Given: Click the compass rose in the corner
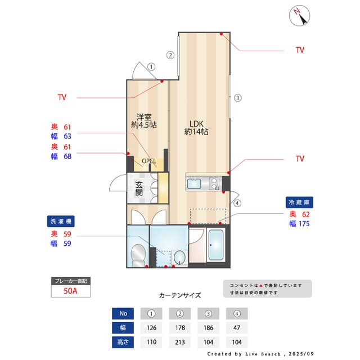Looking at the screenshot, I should click(x=300, y=15).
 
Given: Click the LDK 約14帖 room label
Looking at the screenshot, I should click(x=196, y=128).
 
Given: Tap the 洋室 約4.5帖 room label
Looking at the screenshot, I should click(x=143, y=121).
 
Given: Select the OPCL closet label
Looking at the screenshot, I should click(x=149, y=161).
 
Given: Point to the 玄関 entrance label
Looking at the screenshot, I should click(x=139, y=188).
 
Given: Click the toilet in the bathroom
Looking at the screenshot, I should click(x=137, y=255).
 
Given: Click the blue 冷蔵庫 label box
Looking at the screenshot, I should click(x=299, y=202).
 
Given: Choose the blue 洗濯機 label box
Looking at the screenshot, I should click(x=60, y=222).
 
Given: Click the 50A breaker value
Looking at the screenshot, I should click(x=71, y=291).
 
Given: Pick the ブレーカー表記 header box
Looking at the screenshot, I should click(x=71, y=281).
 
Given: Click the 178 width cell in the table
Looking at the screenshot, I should click(x=180, y=328).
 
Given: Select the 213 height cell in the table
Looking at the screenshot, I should click(x=180, y=341).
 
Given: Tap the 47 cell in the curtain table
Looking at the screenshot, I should click(x=237, y=328).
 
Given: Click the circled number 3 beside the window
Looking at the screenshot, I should click(x=238, y=98).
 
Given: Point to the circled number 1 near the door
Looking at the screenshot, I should click(x=151, y=66).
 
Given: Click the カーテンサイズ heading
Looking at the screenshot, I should click(x=180, y=295).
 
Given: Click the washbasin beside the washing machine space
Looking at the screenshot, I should click(x=179, y=258).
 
